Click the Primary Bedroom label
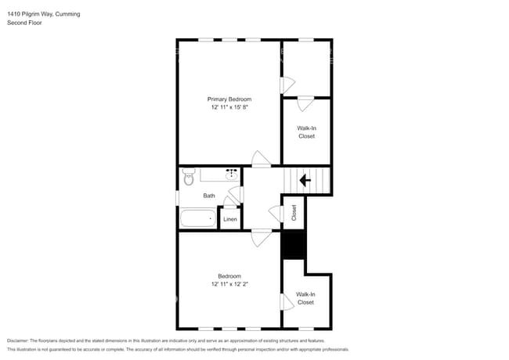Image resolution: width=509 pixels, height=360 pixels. click(229, 99)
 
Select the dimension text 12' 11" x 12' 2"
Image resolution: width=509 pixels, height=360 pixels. click(229, 284)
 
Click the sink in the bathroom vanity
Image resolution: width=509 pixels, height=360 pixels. click(232, 175)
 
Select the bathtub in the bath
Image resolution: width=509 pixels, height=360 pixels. click(197, 218)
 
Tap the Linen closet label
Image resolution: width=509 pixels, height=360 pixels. click(230, 219)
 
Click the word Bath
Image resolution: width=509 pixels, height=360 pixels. click(209, 196)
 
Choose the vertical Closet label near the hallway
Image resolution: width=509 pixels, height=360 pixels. click(294, 212)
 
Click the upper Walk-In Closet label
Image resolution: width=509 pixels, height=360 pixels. click(306, 131)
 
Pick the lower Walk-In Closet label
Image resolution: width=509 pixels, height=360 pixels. click(305, 298)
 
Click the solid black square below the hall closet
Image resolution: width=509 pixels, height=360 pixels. click(293, 246)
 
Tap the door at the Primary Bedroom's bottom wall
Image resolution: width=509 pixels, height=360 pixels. click(261, 159)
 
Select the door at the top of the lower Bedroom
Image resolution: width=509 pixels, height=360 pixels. click(261, 237)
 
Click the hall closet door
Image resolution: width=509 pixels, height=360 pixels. click(276, 213)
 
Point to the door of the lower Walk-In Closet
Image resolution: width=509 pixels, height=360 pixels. click(287, 301)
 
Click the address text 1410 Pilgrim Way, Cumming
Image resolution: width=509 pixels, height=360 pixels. click(43, 14)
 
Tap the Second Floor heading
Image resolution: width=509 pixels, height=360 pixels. click(25, 23)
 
